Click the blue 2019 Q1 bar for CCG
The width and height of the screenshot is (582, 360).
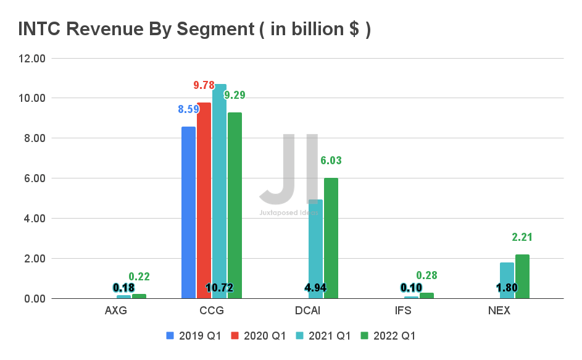pyautogui.click(x=188, y=212)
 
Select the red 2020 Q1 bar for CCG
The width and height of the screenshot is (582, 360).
pyautogui.click(x=204, y=201)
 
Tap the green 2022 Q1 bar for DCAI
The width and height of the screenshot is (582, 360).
pyautogui.click(x=331, y=238)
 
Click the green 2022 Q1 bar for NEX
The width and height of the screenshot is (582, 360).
pyautogui.click(x=522, y=277)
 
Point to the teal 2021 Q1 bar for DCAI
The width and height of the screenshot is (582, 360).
pyautogui.click(x=315, y=247)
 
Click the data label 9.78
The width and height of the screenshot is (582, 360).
pyautogui.click(x=204, y=85)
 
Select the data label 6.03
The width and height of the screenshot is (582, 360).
pyautogui.click(x=331, y=161)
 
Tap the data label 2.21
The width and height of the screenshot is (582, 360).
pyautogui.click(x=522, y=237)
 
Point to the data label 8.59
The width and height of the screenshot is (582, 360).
pyautogui.click(x=189, y=109)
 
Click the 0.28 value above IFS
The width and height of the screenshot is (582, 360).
pyautogui.click(x=426, y=275)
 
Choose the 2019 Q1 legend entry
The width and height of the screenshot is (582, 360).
pyautogui.click(x=195, y=336)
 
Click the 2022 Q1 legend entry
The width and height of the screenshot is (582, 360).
pyautogui.click(x=389, y=336)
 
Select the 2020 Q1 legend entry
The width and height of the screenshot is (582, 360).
pyautogui.click(x=260, y=336)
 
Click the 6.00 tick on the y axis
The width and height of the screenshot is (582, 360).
pyautogui.click(x=35, y=178)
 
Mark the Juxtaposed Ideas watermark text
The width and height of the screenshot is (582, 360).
pyautogui.click(x=288, y=213)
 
